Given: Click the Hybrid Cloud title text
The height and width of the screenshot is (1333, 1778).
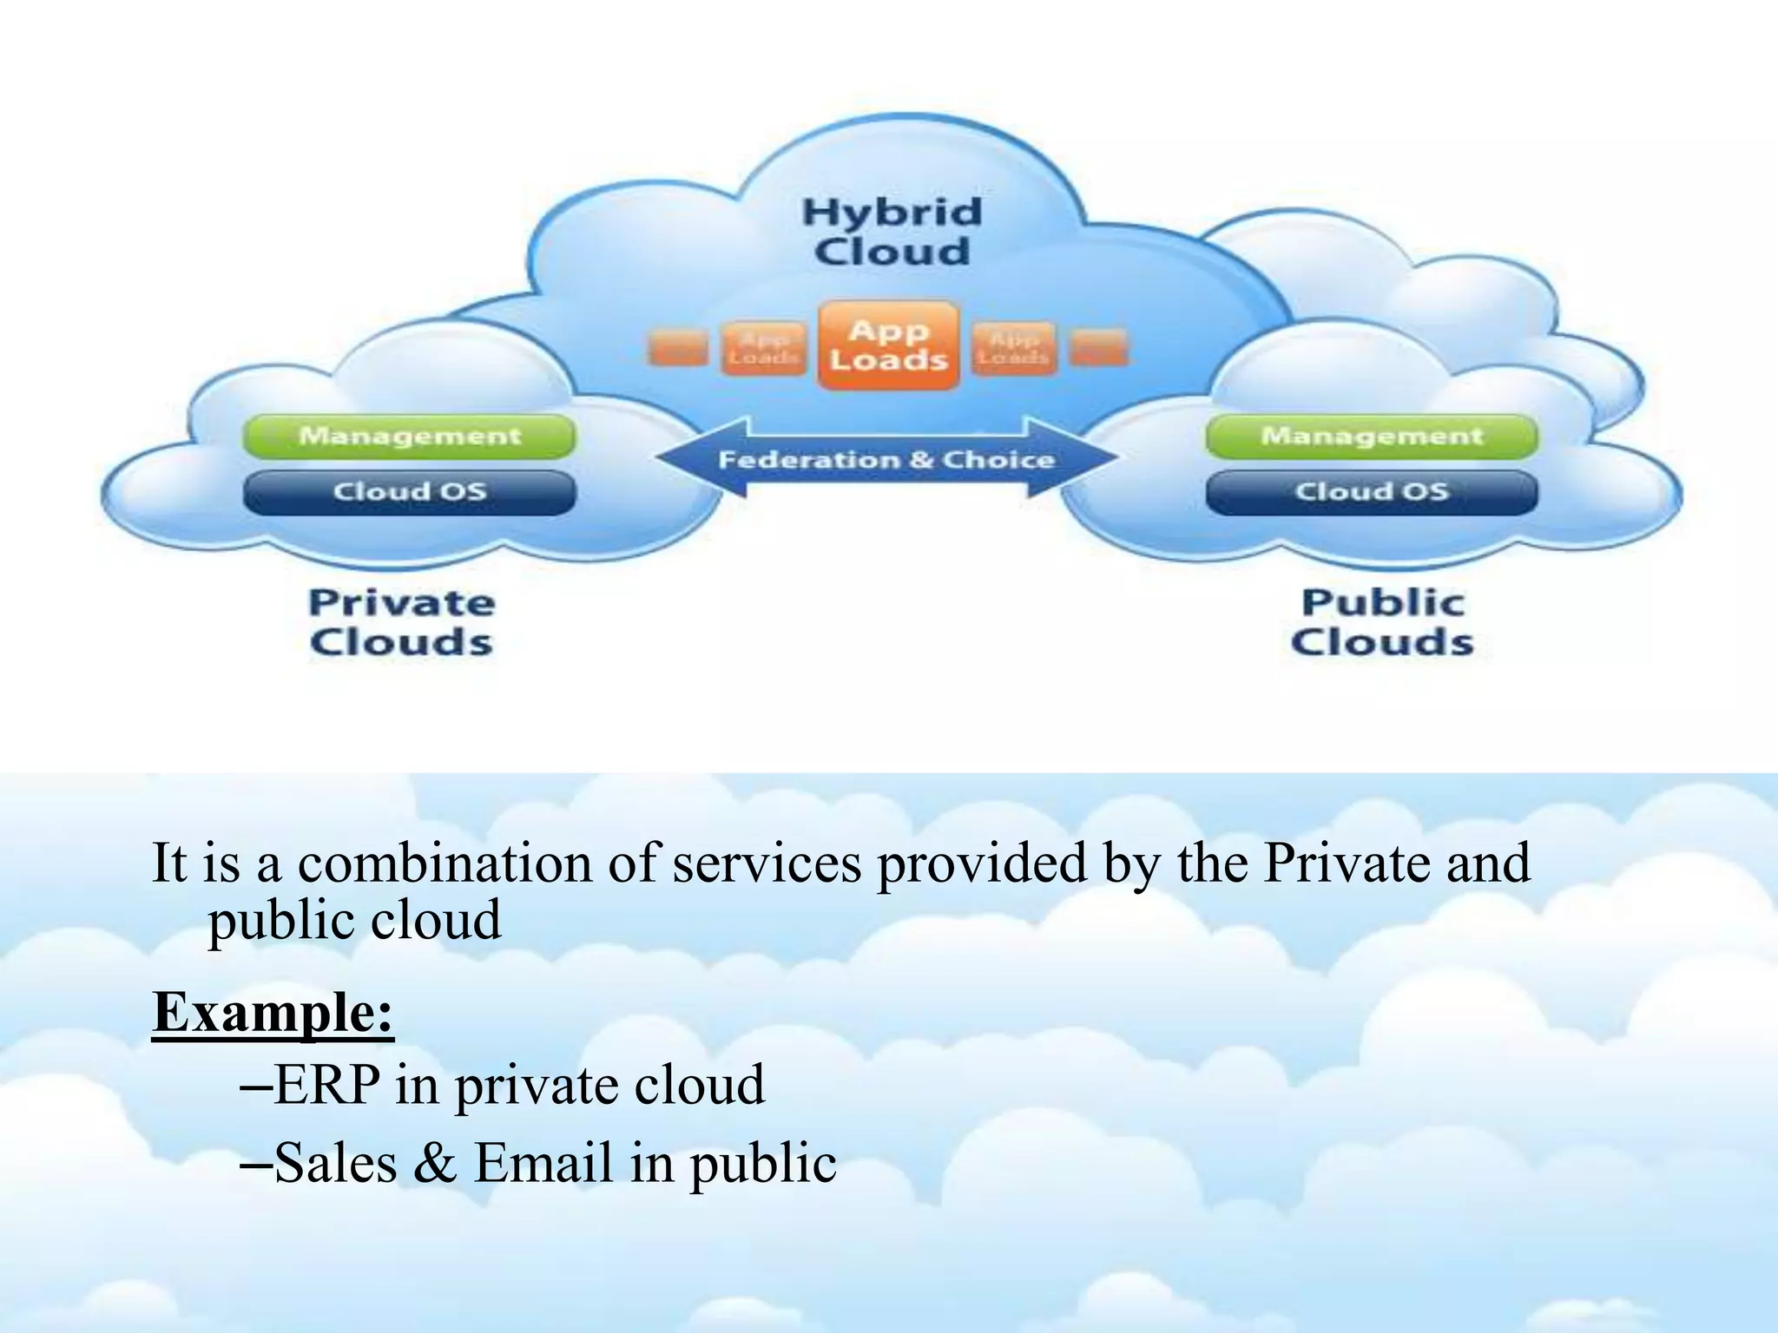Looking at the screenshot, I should point(892,232).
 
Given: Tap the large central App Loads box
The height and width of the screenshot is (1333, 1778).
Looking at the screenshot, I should point(888,345).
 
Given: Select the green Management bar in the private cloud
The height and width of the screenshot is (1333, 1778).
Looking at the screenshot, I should point(410,436).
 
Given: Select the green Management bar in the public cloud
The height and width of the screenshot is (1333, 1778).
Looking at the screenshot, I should point(1372,436).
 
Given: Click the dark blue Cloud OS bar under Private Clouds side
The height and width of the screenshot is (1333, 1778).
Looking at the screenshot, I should point(410,492).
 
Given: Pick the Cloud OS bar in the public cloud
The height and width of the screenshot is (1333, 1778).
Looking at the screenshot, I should point(1372,492).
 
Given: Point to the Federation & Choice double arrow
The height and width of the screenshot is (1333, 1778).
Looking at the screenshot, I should point(886,459).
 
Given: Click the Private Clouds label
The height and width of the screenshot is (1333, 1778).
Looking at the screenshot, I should point(401,622).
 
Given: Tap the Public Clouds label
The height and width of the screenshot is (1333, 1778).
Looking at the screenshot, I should point(1382,622).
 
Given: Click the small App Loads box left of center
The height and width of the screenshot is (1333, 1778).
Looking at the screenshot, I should point(763,349).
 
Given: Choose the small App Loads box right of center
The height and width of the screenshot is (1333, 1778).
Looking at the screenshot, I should point(1013,349).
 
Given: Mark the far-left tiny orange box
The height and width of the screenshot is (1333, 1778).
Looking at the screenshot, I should point(676,349).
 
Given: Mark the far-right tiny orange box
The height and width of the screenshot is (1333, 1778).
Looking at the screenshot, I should point(1098,349).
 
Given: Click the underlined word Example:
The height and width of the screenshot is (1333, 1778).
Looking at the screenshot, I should point(273,1012).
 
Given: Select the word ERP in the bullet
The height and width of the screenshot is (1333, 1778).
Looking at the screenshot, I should point(327,1085).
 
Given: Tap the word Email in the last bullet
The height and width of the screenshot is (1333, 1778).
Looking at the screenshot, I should point(543,1163).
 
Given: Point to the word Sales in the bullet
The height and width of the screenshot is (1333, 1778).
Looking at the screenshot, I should point(335,1163).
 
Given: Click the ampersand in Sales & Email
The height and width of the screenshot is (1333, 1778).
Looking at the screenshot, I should point(435,1163).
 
